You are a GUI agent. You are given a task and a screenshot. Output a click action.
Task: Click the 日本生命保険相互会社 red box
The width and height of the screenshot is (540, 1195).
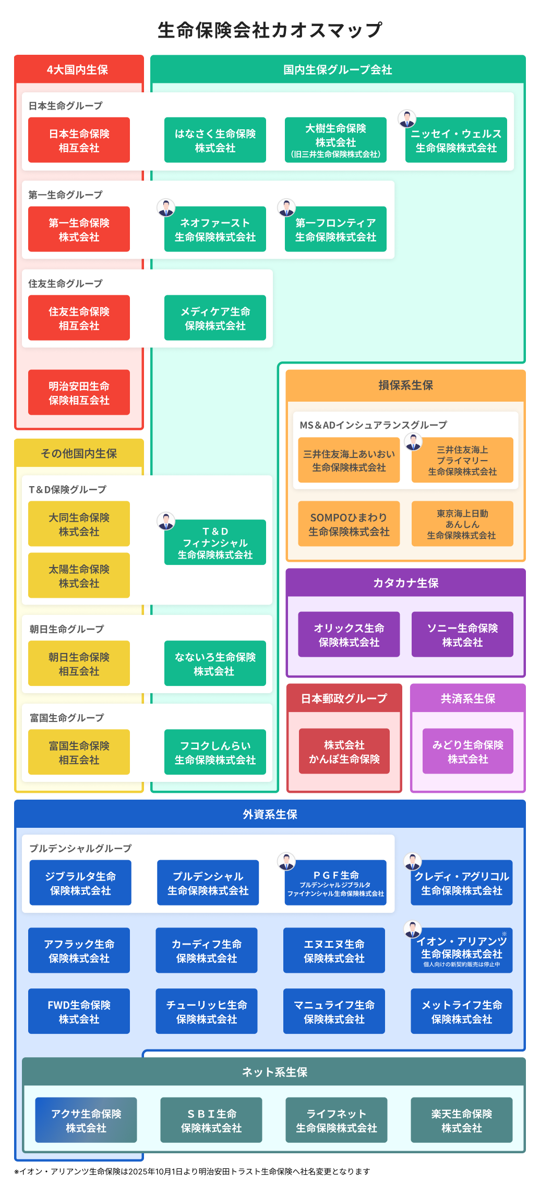pyautogui.click(x=79, y=140)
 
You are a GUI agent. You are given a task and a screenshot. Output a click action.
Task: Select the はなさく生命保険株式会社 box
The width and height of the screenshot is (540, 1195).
pyautogui.click(x=215, y=140)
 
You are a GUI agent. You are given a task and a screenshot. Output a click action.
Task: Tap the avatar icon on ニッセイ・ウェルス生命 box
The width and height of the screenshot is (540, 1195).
pyautogui.click(x=407, y=119)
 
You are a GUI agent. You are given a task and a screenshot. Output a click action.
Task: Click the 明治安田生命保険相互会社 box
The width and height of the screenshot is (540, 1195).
pyautogui.click(x=79, y=393)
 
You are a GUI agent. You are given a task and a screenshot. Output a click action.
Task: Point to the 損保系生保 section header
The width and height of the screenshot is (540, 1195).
pyautogui.click(x=405, y=385)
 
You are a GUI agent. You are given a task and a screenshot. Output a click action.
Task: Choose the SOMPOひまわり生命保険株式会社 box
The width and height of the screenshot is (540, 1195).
pyautogui.click(x=349, y=524)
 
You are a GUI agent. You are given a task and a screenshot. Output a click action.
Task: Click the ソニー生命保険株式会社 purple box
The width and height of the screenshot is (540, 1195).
pyautogui.click(x=462, y=635)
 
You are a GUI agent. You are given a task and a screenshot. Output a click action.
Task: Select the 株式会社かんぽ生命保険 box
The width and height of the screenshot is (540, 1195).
pyautogui.click(x=344, y=752)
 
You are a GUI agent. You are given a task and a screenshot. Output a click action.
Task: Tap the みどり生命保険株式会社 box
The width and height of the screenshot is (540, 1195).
pyautogui.click(x=467, y=752)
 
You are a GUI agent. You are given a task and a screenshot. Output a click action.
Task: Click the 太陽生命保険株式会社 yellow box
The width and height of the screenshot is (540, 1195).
pyautogui.click(x=79, y=576)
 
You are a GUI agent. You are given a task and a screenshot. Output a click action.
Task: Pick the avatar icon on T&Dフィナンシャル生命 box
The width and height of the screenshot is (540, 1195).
pyautogui.click(x=166, y=521)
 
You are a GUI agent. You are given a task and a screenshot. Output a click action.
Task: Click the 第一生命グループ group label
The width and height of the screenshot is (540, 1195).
pyautogui.click(x=65, y=195)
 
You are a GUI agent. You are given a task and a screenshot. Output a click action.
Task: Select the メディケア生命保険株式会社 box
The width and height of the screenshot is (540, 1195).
pyautogui.click(x=215, y=318)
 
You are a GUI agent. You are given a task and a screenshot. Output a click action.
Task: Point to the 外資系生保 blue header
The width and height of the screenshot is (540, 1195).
pyautogui.click(x=270, y=814)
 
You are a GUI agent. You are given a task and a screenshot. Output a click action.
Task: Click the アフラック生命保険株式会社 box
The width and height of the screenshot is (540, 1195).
pyautogui.click(x=79, y=951)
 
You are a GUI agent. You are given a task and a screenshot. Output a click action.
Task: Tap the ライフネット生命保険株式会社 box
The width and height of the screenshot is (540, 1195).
pyautogui.click(x=336, y=1120)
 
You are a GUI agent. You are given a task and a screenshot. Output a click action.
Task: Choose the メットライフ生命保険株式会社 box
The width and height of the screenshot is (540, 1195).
pyautogui.click(x=461, y=1012)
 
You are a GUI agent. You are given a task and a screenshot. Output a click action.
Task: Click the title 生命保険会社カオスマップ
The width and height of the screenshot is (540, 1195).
pyautogui.click(x=270, y=30)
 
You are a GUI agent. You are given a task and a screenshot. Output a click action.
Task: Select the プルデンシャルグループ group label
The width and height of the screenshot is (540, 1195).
pyautogui.click(x=80, y=849)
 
